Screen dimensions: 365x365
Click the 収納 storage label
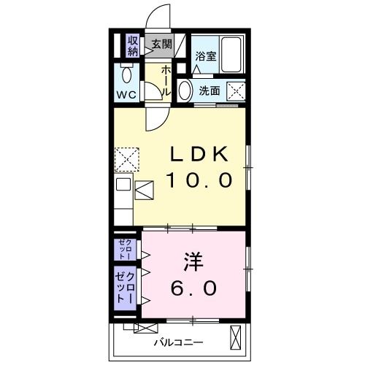pyautogui.click(x=133, y=46)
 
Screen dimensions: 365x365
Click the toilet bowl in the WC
pyautogui.click(x=127, y=73)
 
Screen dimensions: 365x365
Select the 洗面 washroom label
pyautogui.click(x=210, y=91)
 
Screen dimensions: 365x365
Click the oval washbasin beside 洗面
pyautogui.click(x=185, y=91)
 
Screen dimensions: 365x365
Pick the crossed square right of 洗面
pyautogui.click(x=235, y=91)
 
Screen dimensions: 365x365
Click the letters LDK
pyautogui.click(x=199, y=155)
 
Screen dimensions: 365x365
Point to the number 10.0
pyautogui.click(x=199, y=180)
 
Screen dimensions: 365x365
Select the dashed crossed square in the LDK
pyautogui.click(x=127, y=158)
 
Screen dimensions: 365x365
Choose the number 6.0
pyautogui.click(x=193, y=288)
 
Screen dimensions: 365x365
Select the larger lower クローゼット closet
pyautogui.click(x=125, y=288)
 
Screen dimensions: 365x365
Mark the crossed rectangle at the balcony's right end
pyautogui.click(x=236, y=338)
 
